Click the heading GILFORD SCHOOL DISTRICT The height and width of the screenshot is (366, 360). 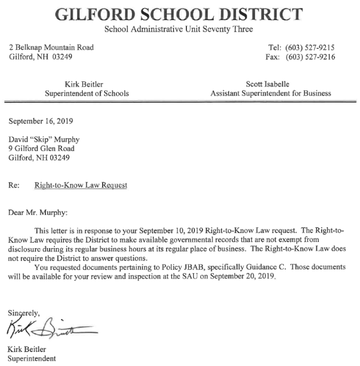(180, 14)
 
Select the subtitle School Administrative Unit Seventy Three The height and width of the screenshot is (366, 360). (180, 29)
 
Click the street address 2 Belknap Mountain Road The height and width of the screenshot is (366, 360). (52, 48)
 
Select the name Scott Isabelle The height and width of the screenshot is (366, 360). (270, 84)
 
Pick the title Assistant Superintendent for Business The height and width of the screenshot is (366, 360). (270, 93)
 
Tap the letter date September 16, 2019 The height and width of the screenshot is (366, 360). (42, 121)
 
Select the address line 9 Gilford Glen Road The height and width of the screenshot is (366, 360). (42, 148)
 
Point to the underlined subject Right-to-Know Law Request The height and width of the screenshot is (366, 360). (81, 186)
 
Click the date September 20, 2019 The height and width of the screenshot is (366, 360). (245, 277)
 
